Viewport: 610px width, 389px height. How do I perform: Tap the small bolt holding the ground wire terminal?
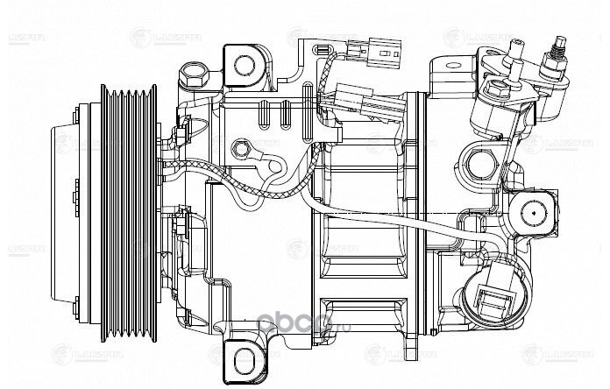(241, 150)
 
